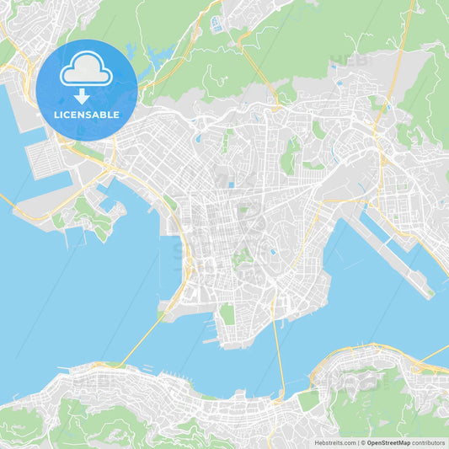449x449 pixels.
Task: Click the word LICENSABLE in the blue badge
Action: pyautogui.click(x=87, y=115)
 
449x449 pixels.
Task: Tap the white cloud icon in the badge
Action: pyautogui.click(x=87, y=69)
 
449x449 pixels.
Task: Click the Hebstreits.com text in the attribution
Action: pyautogui.click(x=334, y=442)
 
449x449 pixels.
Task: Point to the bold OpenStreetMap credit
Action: pyautogui.click(x=388, y=442)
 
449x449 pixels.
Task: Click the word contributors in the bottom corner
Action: pyautogui.click(x=429, y=442)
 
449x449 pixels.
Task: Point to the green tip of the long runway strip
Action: pyautogui.click(x=430, y=292)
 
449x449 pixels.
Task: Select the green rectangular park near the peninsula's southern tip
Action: pyautogui.click(x=227, y=314)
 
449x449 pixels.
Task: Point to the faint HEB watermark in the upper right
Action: pyautogui.click(x=349, y=60)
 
